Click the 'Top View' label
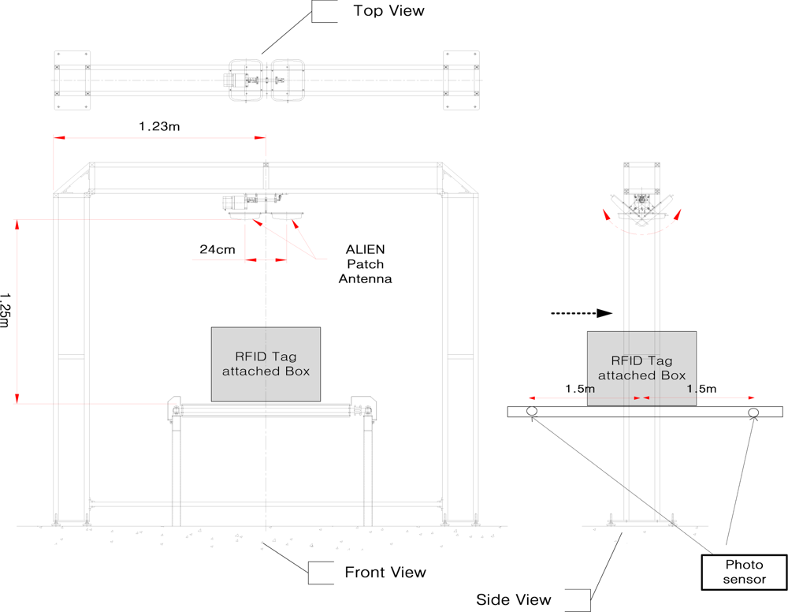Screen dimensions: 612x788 388,11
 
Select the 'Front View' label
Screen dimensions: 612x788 385,573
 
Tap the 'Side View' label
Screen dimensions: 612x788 514,599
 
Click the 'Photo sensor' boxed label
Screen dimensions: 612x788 744,572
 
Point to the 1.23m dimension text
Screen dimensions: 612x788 160,125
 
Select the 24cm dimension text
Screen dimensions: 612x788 217,249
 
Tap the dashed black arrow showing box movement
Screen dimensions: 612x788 581,313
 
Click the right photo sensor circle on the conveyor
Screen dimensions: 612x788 753,412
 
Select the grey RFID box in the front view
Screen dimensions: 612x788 266,364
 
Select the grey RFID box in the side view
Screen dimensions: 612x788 641,368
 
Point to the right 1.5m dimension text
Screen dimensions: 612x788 701,389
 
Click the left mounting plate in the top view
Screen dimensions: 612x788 72,80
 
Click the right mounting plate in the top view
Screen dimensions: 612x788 461,80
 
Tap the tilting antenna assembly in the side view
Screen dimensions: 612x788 643,205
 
